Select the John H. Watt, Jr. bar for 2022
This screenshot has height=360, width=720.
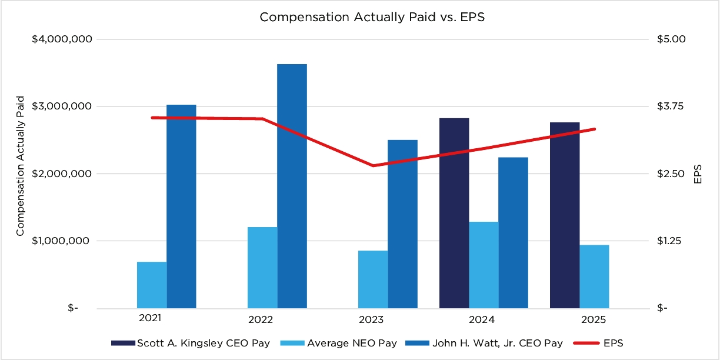(292, 186)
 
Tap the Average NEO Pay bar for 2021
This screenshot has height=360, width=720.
(152, 285)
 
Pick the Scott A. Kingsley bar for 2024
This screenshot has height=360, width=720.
(454, 213)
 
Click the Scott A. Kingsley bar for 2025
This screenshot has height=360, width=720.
(565, 215)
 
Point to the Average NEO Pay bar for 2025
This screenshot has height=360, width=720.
(594, 276)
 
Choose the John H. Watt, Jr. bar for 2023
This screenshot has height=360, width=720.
(402, 224)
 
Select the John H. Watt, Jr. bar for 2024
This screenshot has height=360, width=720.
(513, 232)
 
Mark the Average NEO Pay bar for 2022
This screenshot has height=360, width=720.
(262, 268)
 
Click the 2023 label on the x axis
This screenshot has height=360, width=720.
(371, 320)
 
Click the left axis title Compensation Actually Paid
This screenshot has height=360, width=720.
(21, 165)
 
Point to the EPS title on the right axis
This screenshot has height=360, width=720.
(698, 174)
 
